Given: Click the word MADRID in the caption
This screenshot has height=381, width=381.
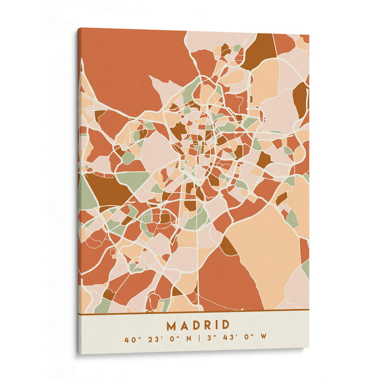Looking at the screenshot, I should [198, 325].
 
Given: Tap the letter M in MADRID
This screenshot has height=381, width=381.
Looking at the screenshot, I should [171, 325].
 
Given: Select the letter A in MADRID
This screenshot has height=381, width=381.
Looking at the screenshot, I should [183, 325].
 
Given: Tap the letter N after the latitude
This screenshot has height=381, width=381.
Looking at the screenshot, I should [188, 340].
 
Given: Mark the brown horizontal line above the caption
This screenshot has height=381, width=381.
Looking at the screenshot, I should [193, 312].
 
